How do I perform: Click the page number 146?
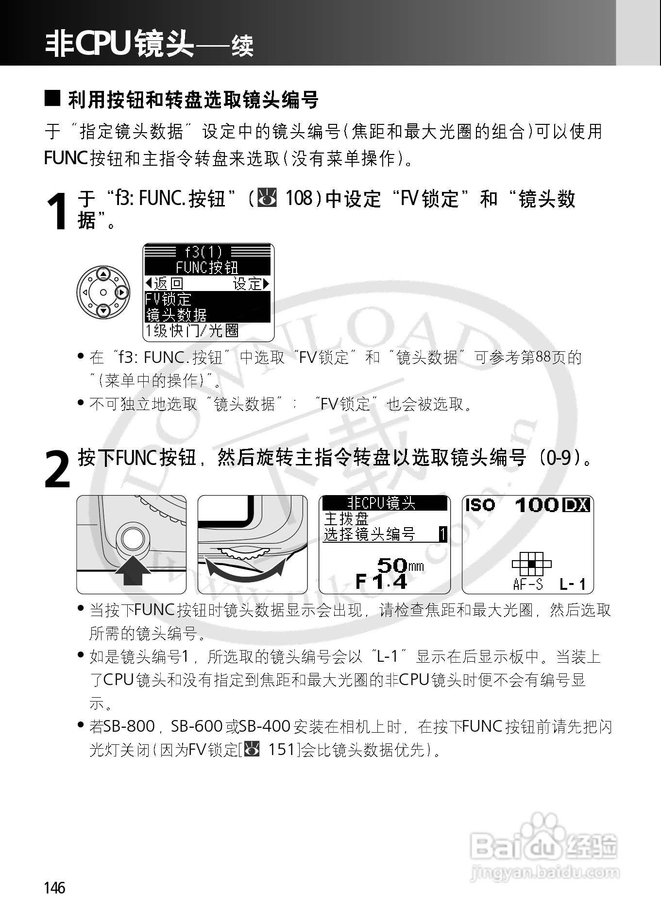click(x=54, y=888)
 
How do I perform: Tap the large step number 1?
click(x=57, y=212)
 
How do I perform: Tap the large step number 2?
click(x=57, y=469)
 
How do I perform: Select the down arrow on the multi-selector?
click(x=103, y=311)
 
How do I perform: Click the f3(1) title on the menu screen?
click(x=203, y=251)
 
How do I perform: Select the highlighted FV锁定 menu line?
click(x=168, y=299)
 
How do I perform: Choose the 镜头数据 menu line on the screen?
click(x=176, y=315)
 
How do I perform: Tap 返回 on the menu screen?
click(x=165, y=283)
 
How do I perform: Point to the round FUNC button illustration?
click(x=132, y=539)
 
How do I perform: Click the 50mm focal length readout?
click(x=399, y=565)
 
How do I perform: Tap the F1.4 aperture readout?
click(x=381, y=581)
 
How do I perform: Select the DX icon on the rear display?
click(x=576, y=505)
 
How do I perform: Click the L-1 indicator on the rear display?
click(x=573, y=584)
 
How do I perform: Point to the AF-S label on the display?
click(x=527, y=584)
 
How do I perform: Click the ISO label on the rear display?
click(x=480, y=505)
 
